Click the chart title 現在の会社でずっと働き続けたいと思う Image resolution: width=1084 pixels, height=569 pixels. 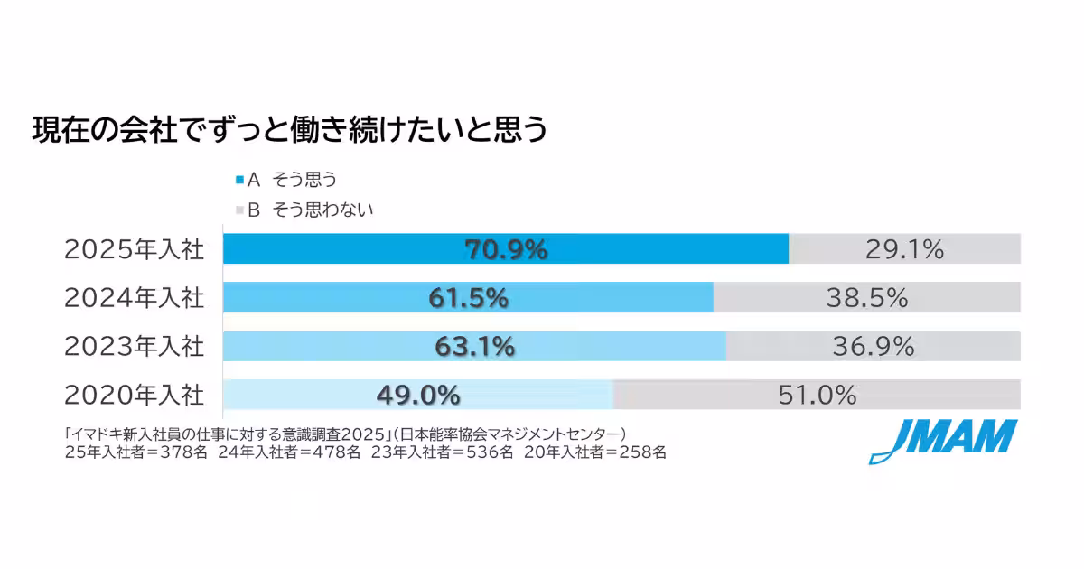(x=290, y=130)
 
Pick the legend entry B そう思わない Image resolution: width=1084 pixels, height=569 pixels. (x=304, y=210)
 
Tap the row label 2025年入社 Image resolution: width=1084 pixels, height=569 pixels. (x=135, y=250)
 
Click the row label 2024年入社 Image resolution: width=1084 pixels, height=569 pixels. (x=135, y=298)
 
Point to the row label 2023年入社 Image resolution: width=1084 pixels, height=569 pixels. (x=135, y=346)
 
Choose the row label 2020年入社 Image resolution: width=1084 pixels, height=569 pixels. (x=135, y=395)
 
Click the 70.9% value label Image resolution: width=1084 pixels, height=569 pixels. (x=506, y=250)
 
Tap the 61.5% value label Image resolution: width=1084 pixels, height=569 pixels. (x=468, y=298)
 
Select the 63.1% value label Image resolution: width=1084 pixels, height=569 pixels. (x=474, y=346)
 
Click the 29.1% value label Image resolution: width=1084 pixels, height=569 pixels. (x=904, y=250)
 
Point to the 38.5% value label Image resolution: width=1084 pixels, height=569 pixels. (x=866, y=298)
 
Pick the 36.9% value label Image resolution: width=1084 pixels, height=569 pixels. (x=873, y=346)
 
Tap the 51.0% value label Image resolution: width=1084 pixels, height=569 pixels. (x=817, y=395)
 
